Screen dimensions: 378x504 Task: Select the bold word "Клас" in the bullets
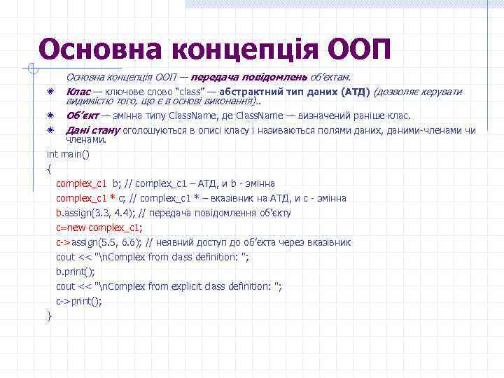click(78, 92)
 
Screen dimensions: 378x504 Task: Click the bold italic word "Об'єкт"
click(82, 115)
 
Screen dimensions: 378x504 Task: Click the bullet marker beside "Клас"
click(50, 92)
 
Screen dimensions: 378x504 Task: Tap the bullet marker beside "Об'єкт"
click(50, 115)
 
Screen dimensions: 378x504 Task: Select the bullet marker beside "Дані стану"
click(50, 130)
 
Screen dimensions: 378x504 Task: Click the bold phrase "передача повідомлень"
click(238, 77)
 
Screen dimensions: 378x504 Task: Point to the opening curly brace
click(49, 168)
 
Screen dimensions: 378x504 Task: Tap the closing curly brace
click(49, 316)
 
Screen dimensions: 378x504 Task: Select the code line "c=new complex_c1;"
click(99, 227)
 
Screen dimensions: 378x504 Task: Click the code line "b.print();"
click(75, 272)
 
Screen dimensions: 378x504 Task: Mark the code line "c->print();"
click(78, 301)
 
